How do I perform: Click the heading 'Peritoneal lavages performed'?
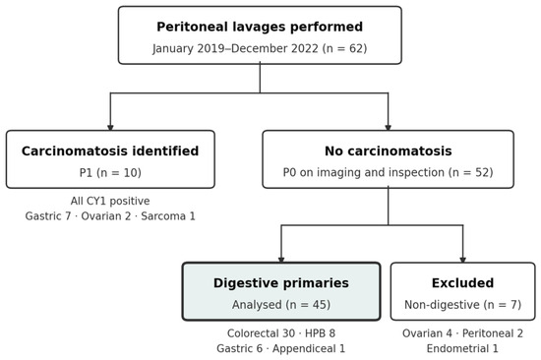click(x=260, y=27)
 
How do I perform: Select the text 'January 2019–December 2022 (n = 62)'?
click(x=260, y=48)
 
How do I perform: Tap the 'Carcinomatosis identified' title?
click(x=110, y=151)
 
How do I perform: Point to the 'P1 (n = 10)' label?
click(x=110, y=172)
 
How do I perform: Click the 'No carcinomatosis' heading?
click(x=389, y=151)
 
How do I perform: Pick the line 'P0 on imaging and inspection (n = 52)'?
click(x=389, y=172)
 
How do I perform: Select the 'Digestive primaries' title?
click(x=281, y=283)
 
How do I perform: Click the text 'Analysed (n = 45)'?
click(x=281, y=305)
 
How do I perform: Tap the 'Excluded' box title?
click(x=462, y=283)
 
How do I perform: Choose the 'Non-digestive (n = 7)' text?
click(x=462, y=305)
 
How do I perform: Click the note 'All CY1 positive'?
click(x=110, y=201)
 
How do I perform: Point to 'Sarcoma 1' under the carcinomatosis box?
click(x=168, y=216)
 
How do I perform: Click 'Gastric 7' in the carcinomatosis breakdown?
click(x=48, y=216)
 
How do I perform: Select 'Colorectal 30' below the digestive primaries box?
click(x=262, y=333)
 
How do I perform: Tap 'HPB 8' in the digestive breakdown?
click(x=321, y=333)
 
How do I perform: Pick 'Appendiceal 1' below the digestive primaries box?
click(x=309, y=348)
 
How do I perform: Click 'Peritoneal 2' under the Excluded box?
click(x=493, y=333)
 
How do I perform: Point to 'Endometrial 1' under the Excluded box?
click(x=462, y=348)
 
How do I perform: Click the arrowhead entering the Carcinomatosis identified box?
click(x=110, y=128)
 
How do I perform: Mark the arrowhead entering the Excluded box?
click(x=463, y=260)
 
